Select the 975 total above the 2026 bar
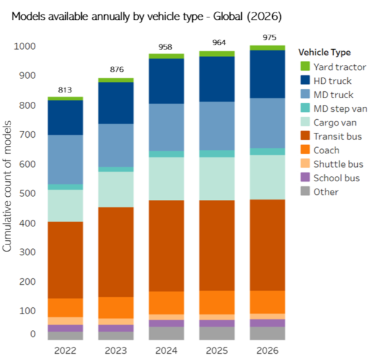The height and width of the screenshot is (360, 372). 267,38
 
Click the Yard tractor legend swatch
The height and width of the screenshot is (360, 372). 304,66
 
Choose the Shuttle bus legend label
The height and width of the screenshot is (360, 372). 337,164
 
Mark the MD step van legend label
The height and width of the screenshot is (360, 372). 338,109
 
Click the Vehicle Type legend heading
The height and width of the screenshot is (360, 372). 324,52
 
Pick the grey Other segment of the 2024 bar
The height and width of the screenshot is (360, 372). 166,333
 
